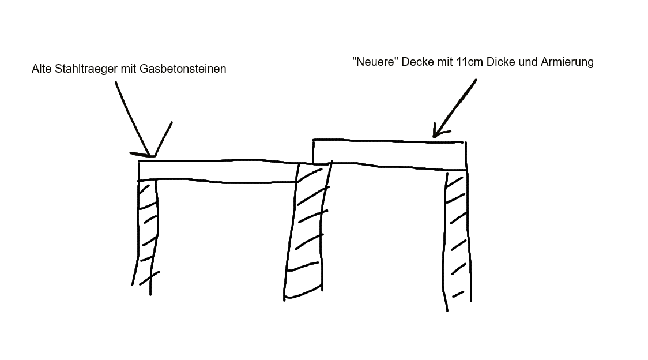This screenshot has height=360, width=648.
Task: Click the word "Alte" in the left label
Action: (x=42, y=69)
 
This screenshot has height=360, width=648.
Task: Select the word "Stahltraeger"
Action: (x=86, y=69)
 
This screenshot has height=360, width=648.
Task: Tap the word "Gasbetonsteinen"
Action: (x=183, y=69)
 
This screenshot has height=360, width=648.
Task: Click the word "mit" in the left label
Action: (x=129, y=69)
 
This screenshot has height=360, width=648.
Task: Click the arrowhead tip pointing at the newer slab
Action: (x=434, y=137)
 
